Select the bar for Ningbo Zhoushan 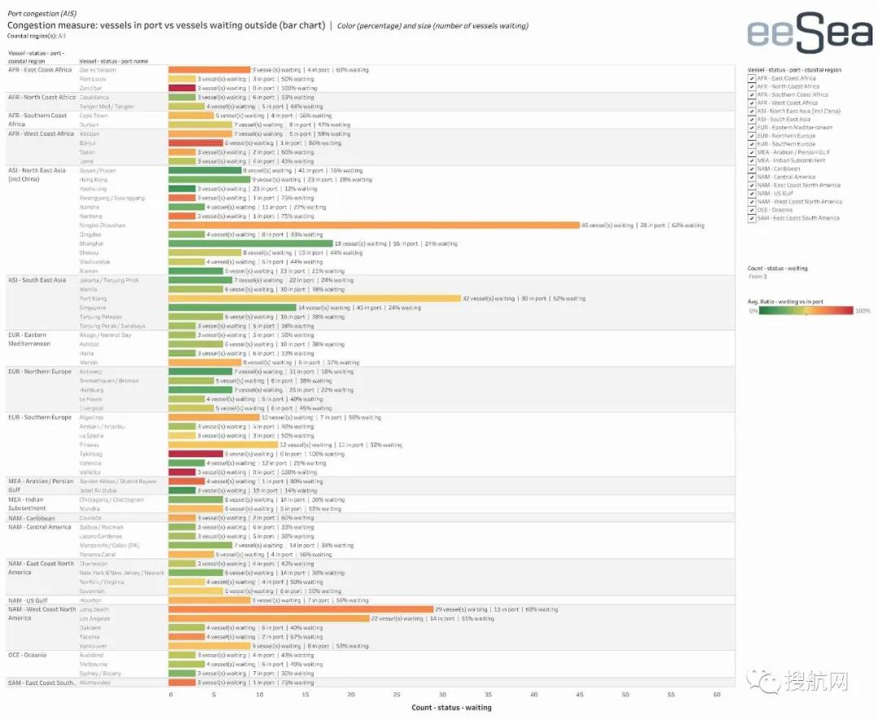point(373,225)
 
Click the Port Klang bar point(314,299)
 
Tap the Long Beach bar point(301,609)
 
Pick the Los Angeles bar point(268,618)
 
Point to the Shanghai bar point(250,243)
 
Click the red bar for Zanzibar point(182,88)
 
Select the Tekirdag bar point(195,454)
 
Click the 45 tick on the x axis point(580,696)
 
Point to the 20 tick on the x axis point(352,696)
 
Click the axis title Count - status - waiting point(451,708)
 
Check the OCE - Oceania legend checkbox point(752,210)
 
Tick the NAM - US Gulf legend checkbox point(752,194)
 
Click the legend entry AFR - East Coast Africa point(786,78)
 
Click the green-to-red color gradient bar point(806,310)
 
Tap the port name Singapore point(93,308)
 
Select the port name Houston point(90,600)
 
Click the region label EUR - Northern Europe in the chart point(40,372)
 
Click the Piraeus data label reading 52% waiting point(386,445)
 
